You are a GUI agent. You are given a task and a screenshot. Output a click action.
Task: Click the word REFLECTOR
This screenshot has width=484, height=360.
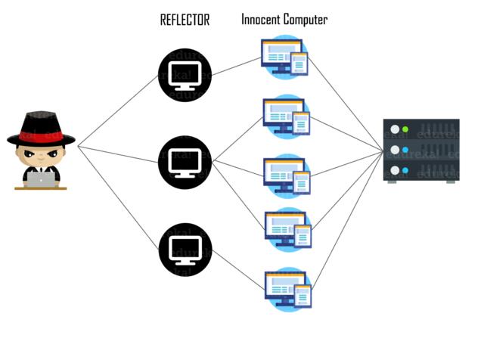point(184,20)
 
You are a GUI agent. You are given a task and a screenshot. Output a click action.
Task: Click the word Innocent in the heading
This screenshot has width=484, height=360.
point(261,20)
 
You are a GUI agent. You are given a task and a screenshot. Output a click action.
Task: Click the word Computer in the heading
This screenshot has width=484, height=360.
point(305,20)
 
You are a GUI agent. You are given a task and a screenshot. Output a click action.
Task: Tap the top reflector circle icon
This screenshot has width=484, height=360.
point(185,76)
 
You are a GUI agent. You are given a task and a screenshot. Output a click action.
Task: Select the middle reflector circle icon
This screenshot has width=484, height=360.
point(185,162)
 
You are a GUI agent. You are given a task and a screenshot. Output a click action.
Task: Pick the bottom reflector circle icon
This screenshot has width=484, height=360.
point(185,248)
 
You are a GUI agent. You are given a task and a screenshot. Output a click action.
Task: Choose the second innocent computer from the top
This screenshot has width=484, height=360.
point(285,116)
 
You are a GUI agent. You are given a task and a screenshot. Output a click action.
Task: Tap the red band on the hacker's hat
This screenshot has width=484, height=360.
point(41,134)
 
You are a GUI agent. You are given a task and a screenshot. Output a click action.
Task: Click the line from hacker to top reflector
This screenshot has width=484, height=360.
point(117,110)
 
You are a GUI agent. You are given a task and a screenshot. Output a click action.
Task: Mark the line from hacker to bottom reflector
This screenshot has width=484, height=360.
point(117,197)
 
